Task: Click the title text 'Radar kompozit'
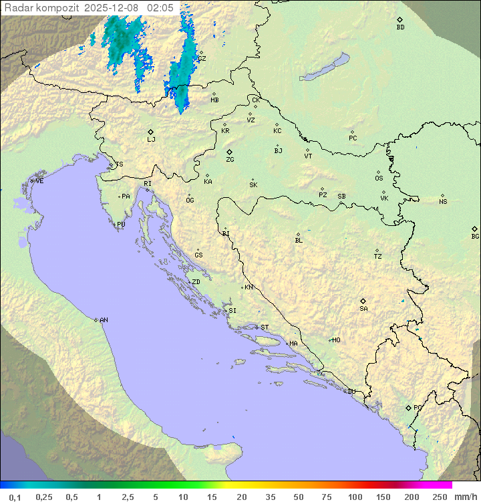click(x=42, y=7)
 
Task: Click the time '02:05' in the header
click(x=160, y=7)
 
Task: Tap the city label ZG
click(x=230, y=160)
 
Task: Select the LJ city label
click(x=151, y=139)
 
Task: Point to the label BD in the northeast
click(x=400, y=27)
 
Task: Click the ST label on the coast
click(x=265, y=328)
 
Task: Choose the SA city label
click(x=363, y=309)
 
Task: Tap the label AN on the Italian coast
click(x=104, y=320)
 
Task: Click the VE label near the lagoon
click(x=39, y=181)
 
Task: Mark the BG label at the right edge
click(x=475, y=236)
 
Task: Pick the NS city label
click(x=443, y=202)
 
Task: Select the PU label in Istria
click(x=121, y=225)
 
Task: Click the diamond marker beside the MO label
click(x=330, y=340)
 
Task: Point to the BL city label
click(x=299, y=241)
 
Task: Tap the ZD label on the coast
click(x=196, y=282)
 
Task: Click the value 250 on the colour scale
click(x=440, y=497)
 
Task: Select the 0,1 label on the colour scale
click(x=15, y=497)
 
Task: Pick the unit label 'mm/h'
click(x=465, y=497)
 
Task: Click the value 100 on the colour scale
click(x=355, y=497)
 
